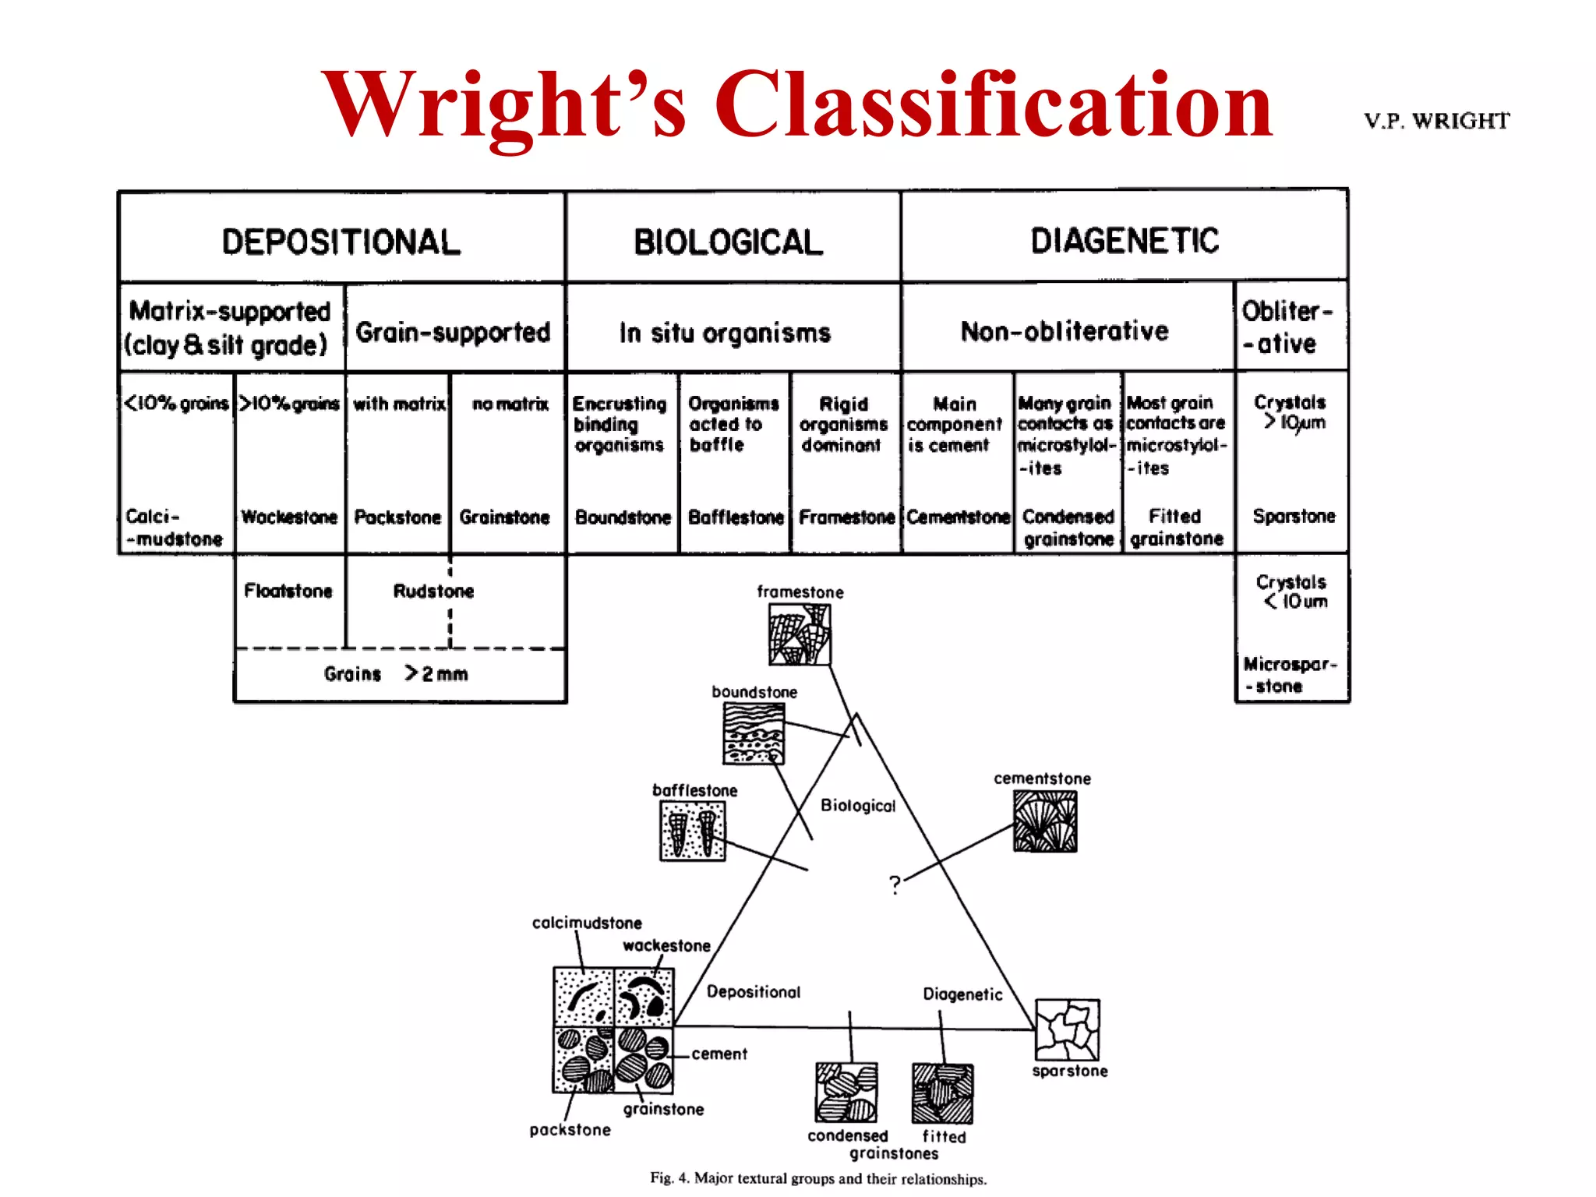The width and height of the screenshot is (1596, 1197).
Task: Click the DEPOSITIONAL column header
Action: (x=341, y=242)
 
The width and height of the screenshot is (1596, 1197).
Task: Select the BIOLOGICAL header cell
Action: (x=729, y=242)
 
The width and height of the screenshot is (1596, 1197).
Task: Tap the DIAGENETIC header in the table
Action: (x=1125, y=240)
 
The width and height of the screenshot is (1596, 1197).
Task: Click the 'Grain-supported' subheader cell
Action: (x=453, y=332)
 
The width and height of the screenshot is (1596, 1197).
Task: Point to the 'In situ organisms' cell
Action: (x=726, y=333)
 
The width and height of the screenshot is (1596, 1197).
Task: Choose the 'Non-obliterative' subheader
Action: (x=1065, y=331)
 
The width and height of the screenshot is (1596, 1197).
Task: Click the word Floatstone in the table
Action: (x=288, y=591)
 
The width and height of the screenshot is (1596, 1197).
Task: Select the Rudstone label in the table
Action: (x=433, y=591)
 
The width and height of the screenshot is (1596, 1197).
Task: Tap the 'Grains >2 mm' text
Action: (x=396, y=674)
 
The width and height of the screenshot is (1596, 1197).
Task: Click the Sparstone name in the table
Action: (x=1294, y=516)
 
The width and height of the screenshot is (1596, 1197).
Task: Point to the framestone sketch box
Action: (x=800, y=635)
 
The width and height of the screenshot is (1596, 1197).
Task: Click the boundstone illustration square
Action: (x=754, y=733)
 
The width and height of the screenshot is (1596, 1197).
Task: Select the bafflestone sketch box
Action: (x=693, y=832)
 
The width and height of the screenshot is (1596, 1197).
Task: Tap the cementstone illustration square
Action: (x=1045, y=821)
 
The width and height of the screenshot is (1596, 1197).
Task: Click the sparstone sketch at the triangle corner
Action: (x=1068, y=1029)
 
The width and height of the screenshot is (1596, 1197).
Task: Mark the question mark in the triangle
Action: (x=895, y=885)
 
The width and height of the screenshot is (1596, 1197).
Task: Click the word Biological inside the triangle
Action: (x=858, y=806)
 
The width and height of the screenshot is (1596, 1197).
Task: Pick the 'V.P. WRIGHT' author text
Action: (x=1436, y=121)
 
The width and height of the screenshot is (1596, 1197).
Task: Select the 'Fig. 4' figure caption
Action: (x=818, y=1178)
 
